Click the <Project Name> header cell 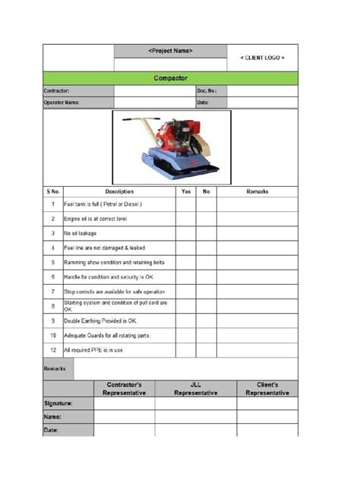pos(170,51)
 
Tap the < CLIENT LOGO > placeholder pos(262,58)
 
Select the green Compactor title pos(170,77)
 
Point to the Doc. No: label pos(207,90)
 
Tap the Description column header pos(119,191)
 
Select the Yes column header pos(186,191)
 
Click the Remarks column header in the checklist pos(257,191)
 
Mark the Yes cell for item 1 pos(186,204)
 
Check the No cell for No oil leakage pos(206,233)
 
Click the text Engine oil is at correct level pos(95,219)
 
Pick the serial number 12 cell pos(52,350)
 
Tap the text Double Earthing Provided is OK pos(99,321)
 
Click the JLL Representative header pos(195,389)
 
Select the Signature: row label pos(58,403)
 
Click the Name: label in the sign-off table pos(52,417)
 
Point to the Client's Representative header pos(267,389)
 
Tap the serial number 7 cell pos(52,292)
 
